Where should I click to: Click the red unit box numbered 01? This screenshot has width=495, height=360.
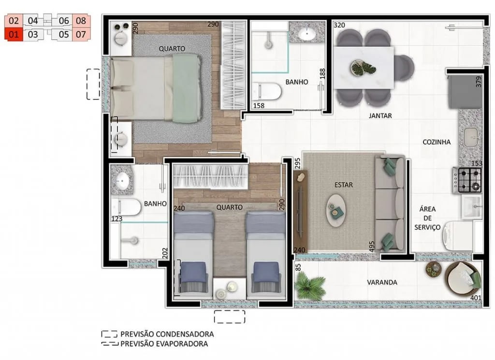point(14,34)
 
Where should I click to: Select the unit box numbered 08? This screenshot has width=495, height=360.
point(81,21)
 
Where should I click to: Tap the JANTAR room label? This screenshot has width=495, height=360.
point(380,116)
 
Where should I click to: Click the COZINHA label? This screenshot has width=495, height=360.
point(437,142)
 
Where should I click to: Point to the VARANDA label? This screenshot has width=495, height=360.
point(382,282)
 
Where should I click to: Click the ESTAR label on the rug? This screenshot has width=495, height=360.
point(343,185)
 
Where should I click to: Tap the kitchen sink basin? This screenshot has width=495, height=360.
point(472,137)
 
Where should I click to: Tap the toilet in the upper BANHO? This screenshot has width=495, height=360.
point(268,91)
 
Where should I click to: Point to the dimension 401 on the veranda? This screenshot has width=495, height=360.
point(476,297)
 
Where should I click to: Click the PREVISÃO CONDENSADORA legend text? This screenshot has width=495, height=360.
point(167,334)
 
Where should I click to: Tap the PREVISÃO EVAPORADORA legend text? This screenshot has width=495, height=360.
point(164,344)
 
